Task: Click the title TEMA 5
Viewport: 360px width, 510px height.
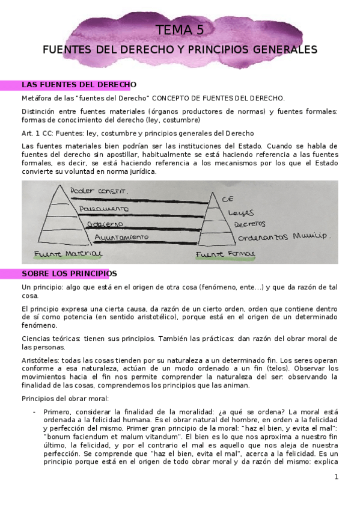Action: [180, 30]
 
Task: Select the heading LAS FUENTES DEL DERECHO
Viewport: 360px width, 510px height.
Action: [79, 84]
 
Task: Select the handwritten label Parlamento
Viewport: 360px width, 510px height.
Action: [103, 208]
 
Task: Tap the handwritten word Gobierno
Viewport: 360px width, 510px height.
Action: [105, 224]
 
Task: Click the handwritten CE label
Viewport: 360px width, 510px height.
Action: [227, 198]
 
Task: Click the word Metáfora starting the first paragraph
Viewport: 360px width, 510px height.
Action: [37, 98]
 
